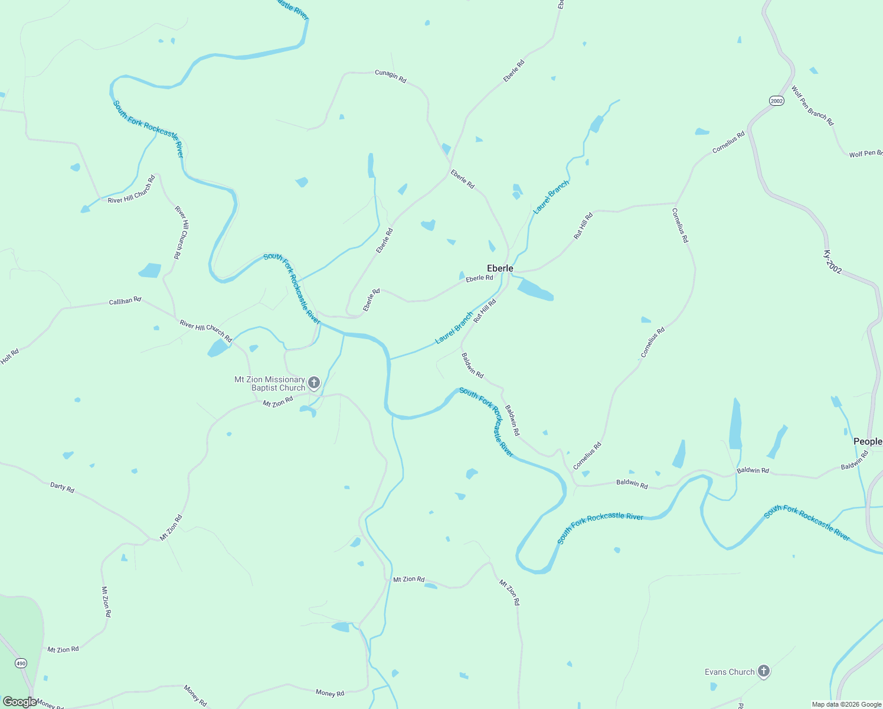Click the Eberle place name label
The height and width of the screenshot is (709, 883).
click(x=500, y=268)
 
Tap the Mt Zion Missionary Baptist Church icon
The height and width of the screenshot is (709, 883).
click(x=314, y=383)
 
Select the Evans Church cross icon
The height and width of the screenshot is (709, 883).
click(x=764, y=671)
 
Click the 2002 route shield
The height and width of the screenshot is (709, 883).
click(x=777, y=101)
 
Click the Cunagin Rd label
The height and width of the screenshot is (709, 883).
click(x=391, y=76)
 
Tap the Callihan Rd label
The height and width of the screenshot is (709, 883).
click(x=125, y=301)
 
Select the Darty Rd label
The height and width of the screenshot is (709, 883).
click(x=62, y=487)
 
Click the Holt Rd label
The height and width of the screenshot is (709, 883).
click(x=10, y=356)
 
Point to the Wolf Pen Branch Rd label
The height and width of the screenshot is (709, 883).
click(x=813, y=106)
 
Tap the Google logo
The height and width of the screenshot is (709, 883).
click(x=19, y=702)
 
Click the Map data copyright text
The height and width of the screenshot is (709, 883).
click(x=846, y=704)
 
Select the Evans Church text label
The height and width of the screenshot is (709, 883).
click(x=730, y=672)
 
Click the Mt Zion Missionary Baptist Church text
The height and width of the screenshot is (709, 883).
click(x=270, y=383)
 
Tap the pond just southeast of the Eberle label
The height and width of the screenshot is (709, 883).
click(x=535, y=290)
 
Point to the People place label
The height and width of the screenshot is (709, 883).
click(x=868, y=441)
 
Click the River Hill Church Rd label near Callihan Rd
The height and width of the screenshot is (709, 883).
click(x=206, y=331)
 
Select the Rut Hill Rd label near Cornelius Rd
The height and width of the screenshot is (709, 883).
click(x=583, y=226)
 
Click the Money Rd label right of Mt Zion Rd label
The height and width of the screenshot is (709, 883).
click(x=330, y=692)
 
